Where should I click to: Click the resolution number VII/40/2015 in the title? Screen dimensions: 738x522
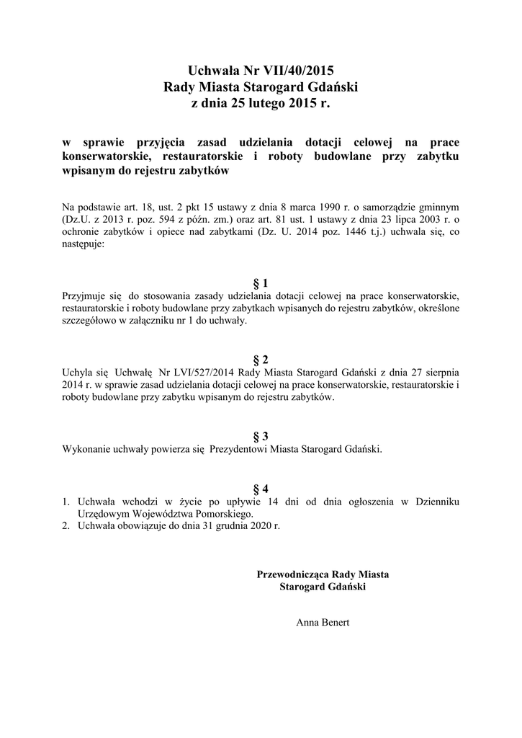coord(293,71)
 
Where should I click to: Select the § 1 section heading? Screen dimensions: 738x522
coord(261,283)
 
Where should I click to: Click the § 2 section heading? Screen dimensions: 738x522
coord(261,360)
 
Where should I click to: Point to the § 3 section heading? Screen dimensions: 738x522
coord(261,436)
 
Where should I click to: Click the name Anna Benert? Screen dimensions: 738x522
coord(323,621)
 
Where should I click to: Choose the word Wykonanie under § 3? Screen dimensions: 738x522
coord(87,448)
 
